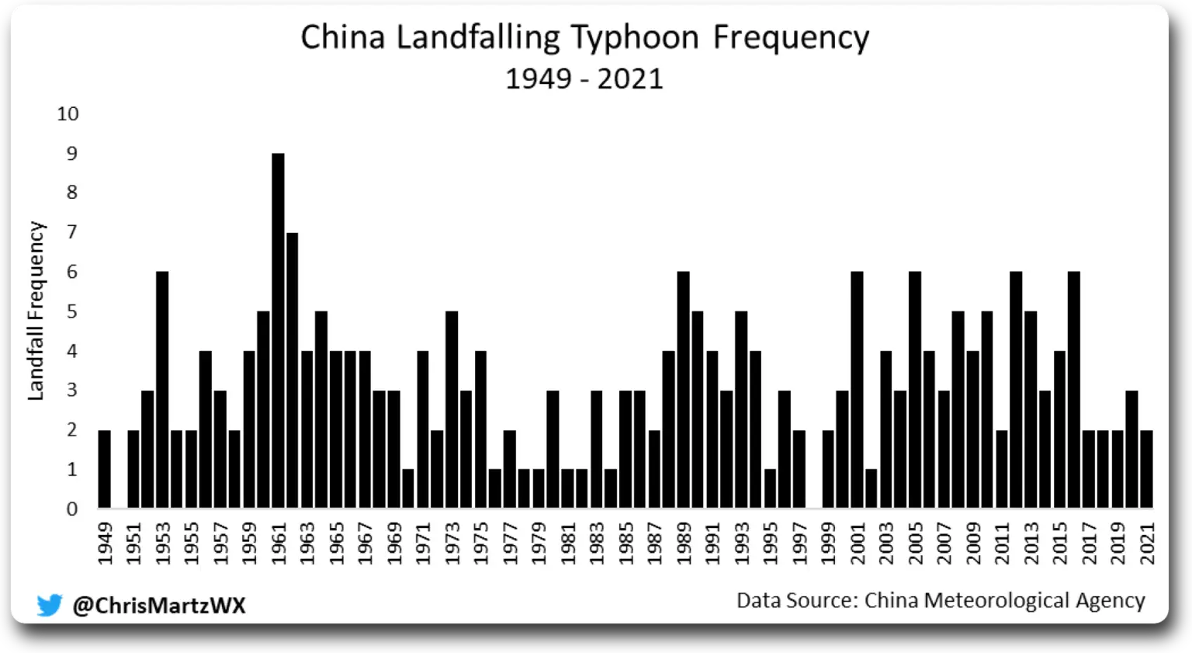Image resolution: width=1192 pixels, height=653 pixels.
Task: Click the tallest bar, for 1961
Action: (x=278, y=330)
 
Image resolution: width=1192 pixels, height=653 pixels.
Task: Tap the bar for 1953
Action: (x=162, y=389)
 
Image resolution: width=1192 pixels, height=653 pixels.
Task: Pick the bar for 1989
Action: (x=684, y=389)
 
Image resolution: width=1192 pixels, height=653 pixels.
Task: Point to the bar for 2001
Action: (x=857, y=389)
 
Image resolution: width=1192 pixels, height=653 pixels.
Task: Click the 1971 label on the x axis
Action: (x=424, y=543)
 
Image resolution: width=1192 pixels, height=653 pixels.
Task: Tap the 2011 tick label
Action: (x=1003, y=543)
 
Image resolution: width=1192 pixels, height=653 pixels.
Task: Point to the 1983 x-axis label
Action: (x=598, y=543)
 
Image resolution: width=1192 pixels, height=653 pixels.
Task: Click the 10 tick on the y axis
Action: (x=68, y=114)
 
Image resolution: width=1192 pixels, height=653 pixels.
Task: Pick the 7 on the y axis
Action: (x=72, y=232)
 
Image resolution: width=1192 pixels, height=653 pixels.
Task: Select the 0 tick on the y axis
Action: (x=72, y=509)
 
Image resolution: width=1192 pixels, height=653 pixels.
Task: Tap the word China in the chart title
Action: (x=342, y=37)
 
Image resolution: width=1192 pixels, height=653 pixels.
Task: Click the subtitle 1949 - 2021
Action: (x=584, y=78)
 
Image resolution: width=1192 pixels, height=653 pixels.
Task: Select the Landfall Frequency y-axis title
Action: (x=36, y=311)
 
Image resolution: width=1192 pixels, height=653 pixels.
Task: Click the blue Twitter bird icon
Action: (x=50, y=605)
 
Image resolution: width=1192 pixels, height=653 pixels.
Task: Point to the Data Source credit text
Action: (x=941, y=600)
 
